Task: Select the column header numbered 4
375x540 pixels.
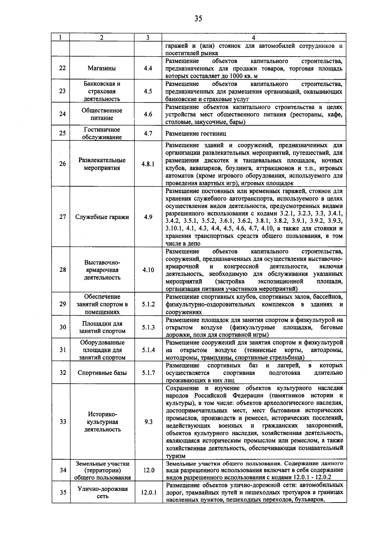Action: coord(253,37)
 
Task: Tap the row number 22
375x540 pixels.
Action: coord(62,68)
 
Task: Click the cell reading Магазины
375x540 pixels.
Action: coord(102,68)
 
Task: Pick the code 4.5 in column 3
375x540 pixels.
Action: coord(148,91)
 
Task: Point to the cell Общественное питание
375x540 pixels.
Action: coord(102,114)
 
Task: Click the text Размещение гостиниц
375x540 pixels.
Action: coord(196,134)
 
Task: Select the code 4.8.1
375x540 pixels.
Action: coord(148,164)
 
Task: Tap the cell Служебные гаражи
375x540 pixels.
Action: coord(102,217)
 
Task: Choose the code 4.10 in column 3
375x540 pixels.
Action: coord(148,270)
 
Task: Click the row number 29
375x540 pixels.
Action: coord(62,304)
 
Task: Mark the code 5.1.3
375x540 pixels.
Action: coord(148,327)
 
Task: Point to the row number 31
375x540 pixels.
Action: coord(63,350)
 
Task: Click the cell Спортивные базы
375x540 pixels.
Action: coord(102,373)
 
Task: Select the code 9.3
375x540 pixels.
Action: coord(148,422)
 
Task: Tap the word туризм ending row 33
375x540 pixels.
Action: coord(175,456)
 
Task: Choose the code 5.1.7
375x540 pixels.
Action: coord(148,373)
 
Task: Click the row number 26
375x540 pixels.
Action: coord(62,164)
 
